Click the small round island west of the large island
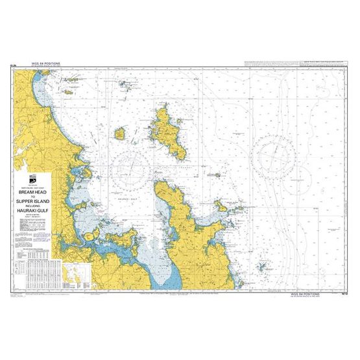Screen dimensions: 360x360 120,134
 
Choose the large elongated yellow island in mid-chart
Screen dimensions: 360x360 168,132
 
